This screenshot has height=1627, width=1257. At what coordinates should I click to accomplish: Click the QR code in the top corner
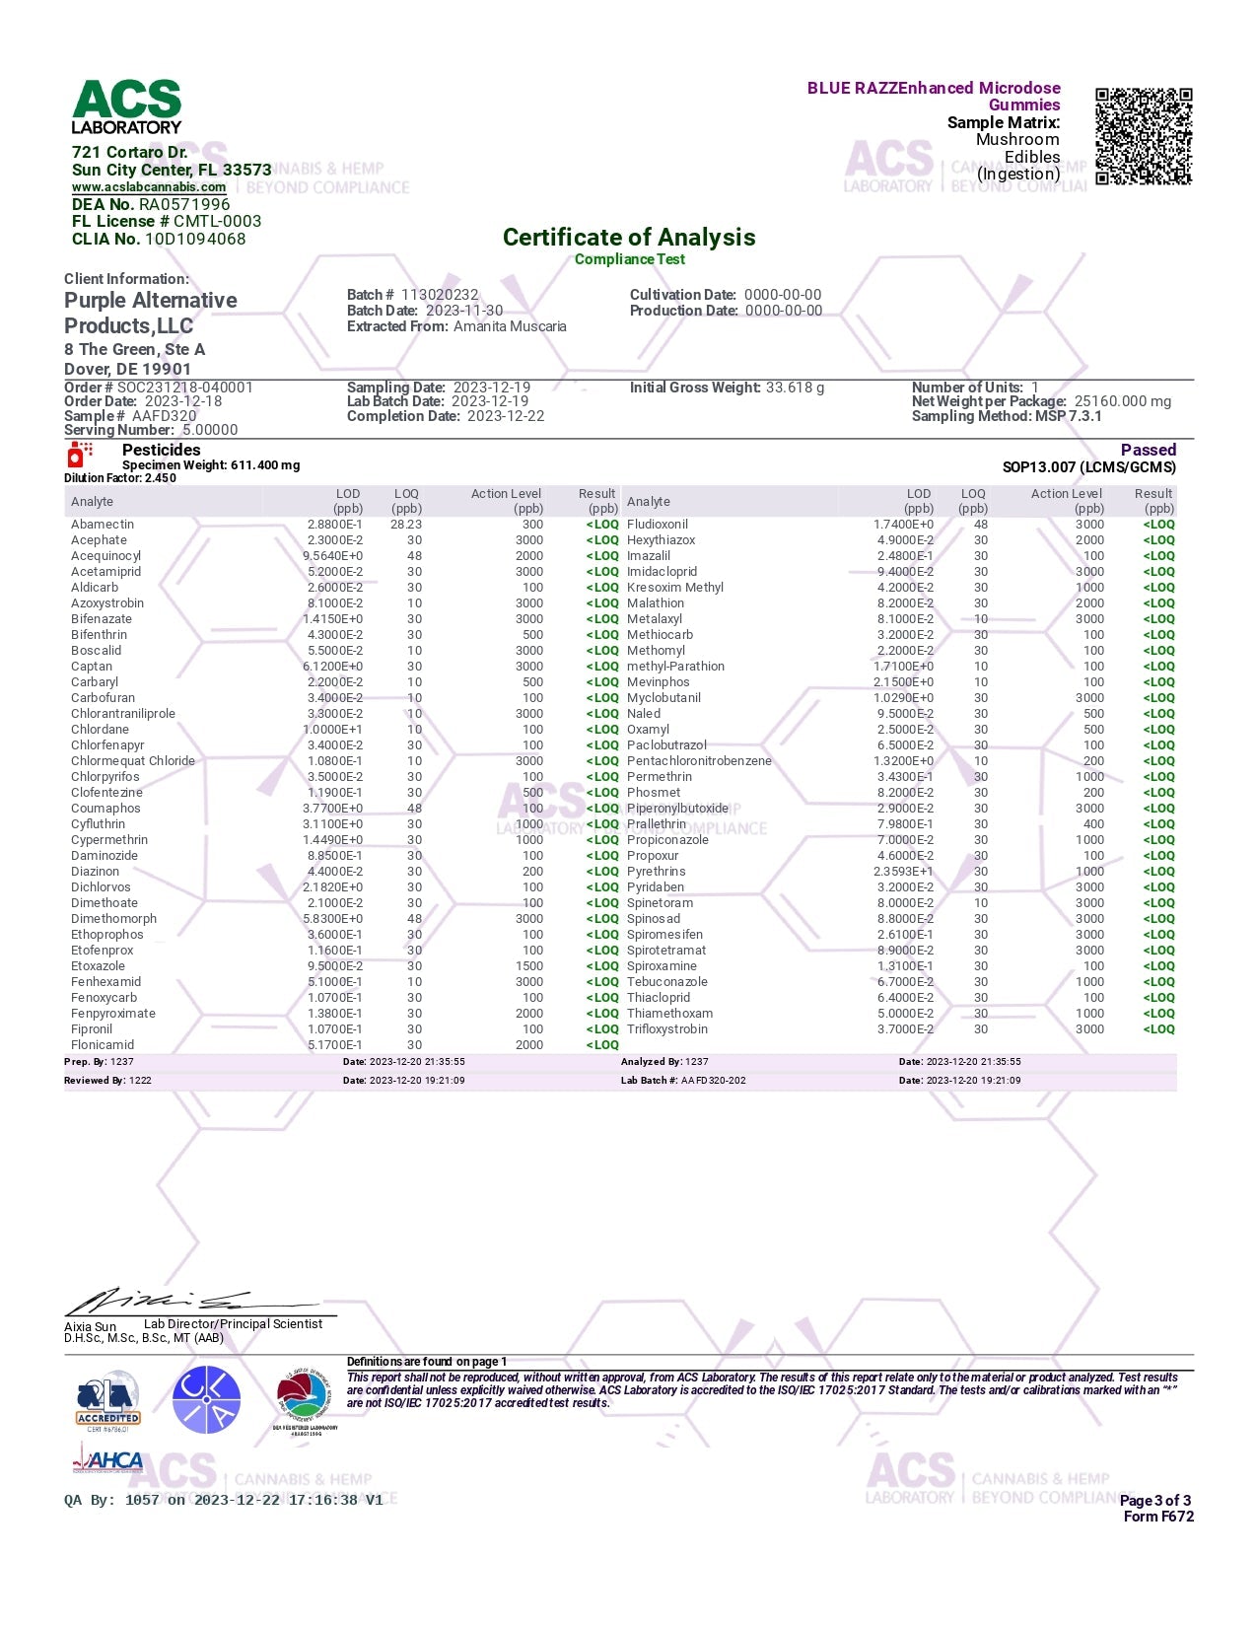click(x=1144, y=136)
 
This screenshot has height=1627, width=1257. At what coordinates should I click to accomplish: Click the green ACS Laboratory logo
click(x=127, y=106)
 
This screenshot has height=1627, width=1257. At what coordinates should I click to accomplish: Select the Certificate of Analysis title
click(x=629, y=238)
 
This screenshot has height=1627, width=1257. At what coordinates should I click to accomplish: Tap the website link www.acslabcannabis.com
click(x=149, y=187)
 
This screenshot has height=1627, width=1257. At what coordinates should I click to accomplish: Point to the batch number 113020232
click(x=440, y=295)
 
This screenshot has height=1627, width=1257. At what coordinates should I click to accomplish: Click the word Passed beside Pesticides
click(x=1149, y=450)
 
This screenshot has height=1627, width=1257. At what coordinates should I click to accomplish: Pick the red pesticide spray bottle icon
click(x=78, y=455)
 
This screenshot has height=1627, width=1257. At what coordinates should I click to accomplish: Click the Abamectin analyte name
click(x=103, y=525)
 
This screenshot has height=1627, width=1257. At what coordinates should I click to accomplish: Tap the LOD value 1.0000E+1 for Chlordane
click(x=335, y=730)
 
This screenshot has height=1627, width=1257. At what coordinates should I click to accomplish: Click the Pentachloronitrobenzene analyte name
click(x=699, y=761)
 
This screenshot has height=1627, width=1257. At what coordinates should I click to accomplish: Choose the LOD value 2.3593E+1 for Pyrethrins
click(x=904, y=872)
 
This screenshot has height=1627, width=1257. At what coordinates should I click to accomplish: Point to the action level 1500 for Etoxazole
click(x=529, y=966)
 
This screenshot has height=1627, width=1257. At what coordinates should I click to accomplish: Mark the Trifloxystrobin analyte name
click(x=667, y=1029)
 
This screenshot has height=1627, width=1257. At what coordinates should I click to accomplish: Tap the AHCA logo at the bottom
click(x=108, y=1458)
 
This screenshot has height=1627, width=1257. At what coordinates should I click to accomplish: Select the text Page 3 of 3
click(x=1155, y=1501)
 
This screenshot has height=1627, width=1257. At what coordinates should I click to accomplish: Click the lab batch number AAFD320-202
click(x=714, y=1081)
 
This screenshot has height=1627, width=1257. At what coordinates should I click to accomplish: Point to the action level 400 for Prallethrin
click(x=1093, y=824)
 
